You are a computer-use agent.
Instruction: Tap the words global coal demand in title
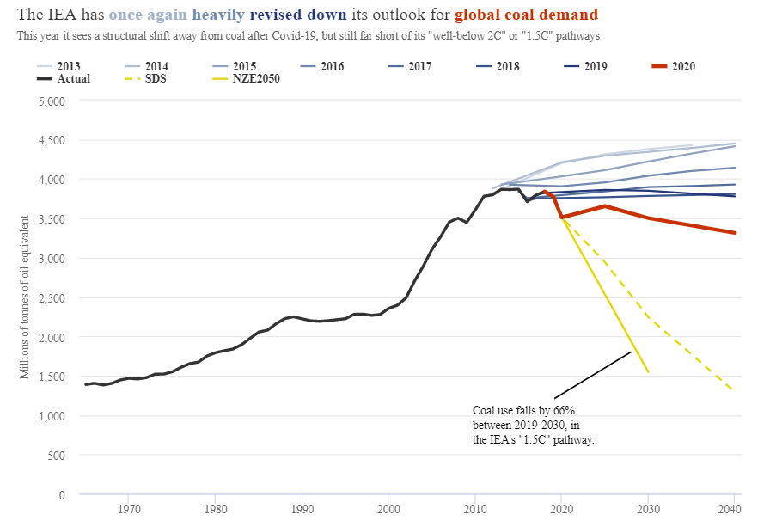(x=526, y=15)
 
